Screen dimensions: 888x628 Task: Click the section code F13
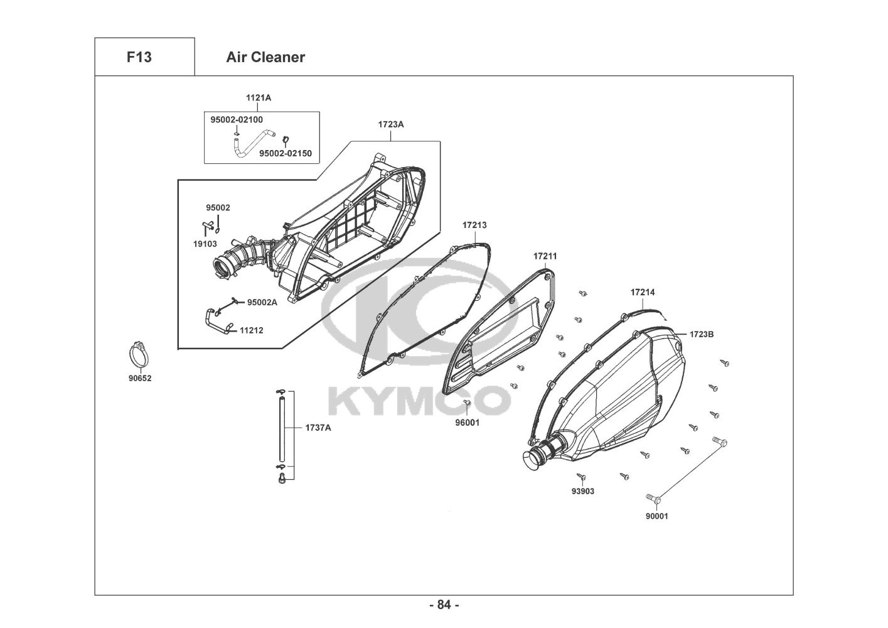click(139, 57)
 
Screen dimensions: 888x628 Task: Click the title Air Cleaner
click(265, 57)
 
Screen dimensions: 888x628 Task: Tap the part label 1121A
click(259, 97)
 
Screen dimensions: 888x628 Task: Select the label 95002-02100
click(237, 119)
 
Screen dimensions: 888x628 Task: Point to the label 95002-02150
click(286, 153)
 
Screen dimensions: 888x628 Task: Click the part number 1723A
click(391, 124)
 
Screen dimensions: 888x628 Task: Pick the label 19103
click(205, 244)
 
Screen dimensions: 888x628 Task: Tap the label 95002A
click(262, 302)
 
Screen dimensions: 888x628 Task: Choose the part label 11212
click(251, 330)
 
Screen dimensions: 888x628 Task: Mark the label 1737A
click(318, 427)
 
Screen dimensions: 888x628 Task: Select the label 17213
click(474, 225)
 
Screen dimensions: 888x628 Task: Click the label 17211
click(545, 256)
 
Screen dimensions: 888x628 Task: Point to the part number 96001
click(468, 423)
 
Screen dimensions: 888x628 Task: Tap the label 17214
click(643, 292)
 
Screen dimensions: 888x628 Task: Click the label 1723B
click(701, 334)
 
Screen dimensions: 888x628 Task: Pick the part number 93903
click(583, 491)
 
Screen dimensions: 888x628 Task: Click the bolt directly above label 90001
click(655, 497)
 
